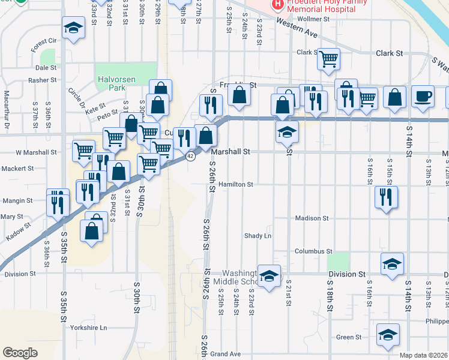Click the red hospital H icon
(277, 5)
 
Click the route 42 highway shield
(190, 157)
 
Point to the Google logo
(20, 353)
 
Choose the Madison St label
(312, 218)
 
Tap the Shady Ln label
(258, 236)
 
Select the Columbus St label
(313, 251)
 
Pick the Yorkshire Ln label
(88, 328)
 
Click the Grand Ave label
(225, 355)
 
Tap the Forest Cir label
(44, 42)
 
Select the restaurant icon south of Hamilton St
(386, 197)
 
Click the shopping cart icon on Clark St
(328, 59)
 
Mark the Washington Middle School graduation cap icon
(270, 275)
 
